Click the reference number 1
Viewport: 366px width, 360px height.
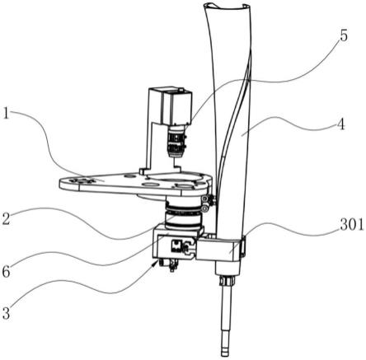[6, 113]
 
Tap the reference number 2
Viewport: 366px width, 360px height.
[6, 218]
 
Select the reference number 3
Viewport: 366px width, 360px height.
[6, 312]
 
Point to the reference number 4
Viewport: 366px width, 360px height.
[340, 124]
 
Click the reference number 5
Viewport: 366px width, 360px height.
[344, 35]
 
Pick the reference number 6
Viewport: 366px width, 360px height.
[6, 272]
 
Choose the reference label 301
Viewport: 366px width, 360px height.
[352, 226]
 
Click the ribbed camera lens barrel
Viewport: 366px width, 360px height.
[176, 142]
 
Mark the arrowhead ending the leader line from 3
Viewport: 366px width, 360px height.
[156, 264]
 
